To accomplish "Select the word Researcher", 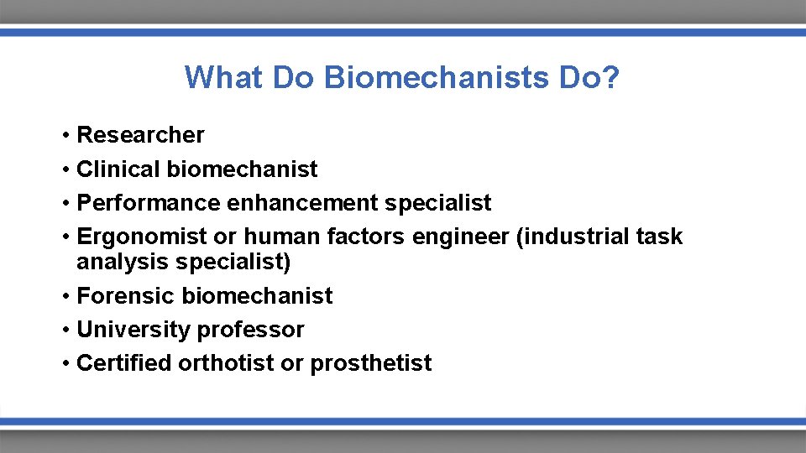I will (140, 135).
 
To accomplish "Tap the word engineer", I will (460, 237).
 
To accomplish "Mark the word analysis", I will (123, 263).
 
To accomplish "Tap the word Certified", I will (123, 363).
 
